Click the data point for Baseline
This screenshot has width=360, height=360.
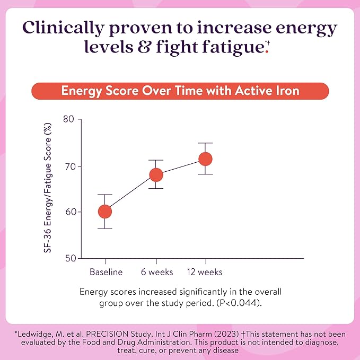(x=105, y=212)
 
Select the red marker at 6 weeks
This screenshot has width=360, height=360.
(x=156, y=174)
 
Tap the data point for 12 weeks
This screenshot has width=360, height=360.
(x=205, y=159)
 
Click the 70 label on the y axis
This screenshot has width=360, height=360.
(x=68, y=166)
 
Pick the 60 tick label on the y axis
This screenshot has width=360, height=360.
(x=68, y=212)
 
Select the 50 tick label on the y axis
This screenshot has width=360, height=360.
(x=68, y=258)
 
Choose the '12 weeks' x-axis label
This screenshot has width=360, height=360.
(x=205, y=272)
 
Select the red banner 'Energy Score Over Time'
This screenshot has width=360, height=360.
(x=180, y=91)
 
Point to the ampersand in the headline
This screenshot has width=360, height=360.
(x=145, y=48)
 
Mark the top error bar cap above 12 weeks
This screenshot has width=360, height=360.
(x=205, y=143)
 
